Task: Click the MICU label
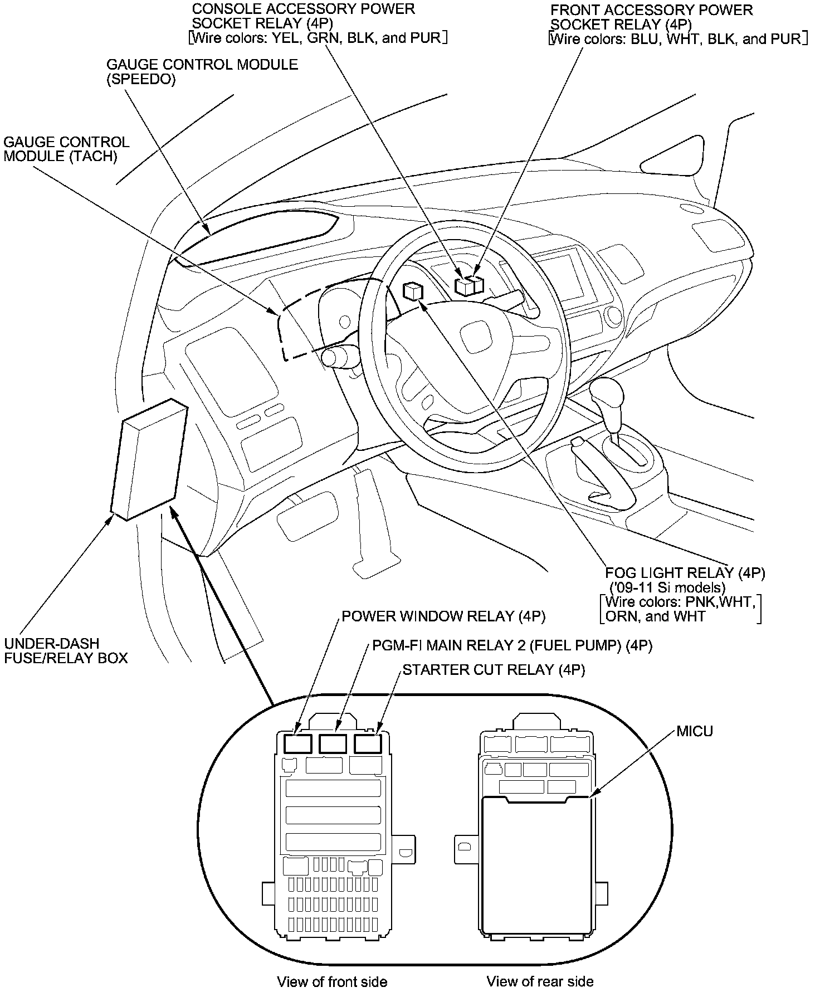click(x=694, y=731)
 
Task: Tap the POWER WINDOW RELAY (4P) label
click(x=443, y=616)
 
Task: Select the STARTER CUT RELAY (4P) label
click(x=493, y=669)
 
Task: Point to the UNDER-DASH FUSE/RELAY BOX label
click(x=66, y=650)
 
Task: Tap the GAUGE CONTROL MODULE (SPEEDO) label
click(x=202, y=72)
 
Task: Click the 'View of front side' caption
click(x=331, y=981)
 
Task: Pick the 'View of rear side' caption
click(x=540, y=981)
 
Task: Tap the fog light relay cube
click(x=413, y=291)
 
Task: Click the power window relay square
click(x=297, y=743)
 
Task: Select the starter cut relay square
click(x=368, y=743)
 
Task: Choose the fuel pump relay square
click(x=333, y=743)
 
